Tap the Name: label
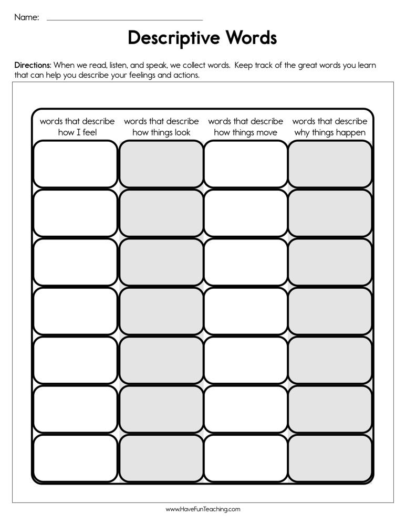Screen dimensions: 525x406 pyautogui.click(x=26, y=17)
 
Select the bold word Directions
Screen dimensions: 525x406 pyautogui.click(x=33, y=66)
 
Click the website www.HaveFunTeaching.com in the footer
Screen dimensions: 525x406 pyautogui.click(x=203, y=509)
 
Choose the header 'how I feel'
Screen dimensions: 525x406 pyautogui.click(x=77, y=132)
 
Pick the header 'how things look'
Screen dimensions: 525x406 pyautogui.click(x=161, y=132)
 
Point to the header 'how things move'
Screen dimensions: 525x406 pyautogui.click(x=245, y=132)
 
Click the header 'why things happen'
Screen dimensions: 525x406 pyautogui.click(x=330, y=132)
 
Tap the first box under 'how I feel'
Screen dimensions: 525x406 pyautogui.click(x=75, y=164)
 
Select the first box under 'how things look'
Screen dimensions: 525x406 pyautogui.click(x=161, y=164)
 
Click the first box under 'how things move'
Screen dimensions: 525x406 pyautogui.click(x=245, y=164)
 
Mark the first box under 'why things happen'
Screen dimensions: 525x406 pyautogui.click(x=330, y=164)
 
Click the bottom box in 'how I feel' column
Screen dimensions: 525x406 pyautogui.click(x=75, y=458)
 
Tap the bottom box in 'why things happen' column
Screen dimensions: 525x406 pyautogui.click(x=330, y=458)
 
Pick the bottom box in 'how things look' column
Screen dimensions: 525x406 pyautogui.click(x=161, y=458)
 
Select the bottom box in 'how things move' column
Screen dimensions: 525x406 pyautogui.click(x=245, y=458)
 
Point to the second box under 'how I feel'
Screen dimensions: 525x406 pyautogui.click(x=75, y=213)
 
